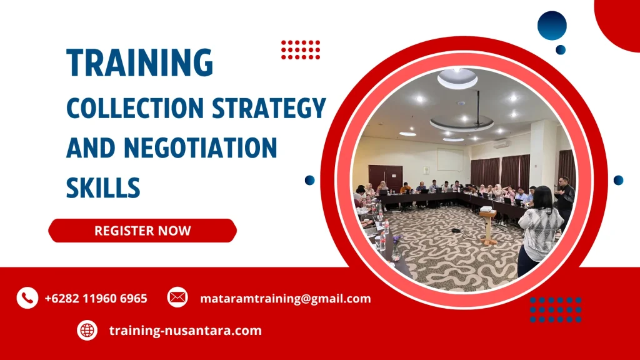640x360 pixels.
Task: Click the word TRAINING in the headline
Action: point(140,62)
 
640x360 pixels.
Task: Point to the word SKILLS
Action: point(103,187)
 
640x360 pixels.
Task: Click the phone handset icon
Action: point(27,298)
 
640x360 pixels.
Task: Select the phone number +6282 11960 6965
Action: point(96,299)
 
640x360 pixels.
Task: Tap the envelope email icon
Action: point(177,298)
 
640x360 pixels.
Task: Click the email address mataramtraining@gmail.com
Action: point(285,299)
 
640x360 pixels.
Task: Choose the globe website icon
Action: point(87,330)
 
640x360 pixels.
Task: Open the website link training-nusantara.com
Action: point(185,331)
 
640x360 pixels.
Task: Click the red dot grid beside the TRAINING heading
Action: point(301,49)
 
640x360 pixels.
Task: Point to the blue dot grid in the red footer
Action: point(556,309)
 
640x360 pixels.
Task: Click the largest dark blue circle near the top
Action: point(552,26)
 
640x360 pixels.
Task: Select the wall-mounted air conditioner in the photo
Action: point(502,143)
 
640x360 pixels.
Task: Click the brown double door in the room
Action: point(385,177)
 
